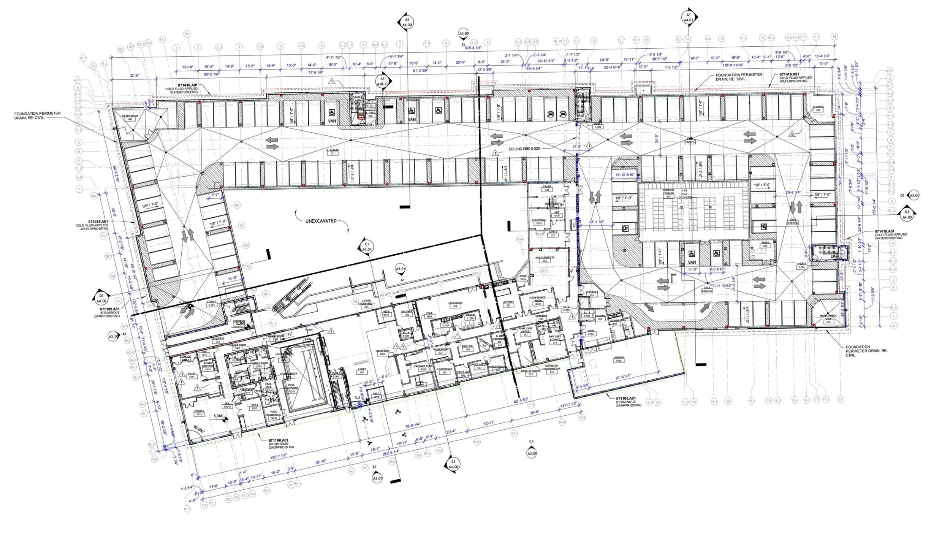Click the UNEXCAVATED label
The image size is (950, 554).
320,221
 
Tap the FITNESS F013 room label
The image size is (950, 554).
199,412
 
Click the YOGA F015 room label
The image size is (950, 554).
255,407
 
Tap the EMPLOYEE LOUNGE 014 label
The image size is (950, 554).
554,340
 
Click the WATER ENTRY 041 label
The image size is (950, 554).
129,117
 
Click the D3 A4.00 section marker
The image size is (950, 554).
907,214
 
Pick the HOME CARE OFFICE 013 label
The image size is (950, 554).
526,332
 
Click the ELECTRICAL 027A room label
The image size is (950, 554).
539,222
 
